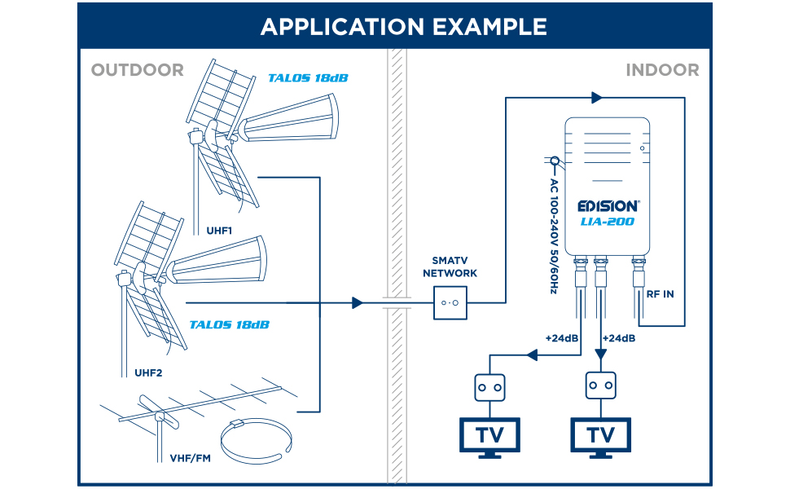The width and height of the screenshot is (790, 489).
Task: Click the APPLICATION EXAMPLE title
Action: click(404, 27)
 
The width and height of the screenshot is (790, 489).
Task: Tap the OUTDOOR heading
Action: click(138, 70)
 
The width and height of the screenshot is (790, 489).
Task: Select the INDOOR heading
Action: click(662, 70)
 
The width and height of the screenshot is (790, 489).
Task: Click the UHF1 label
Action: click(219, 231)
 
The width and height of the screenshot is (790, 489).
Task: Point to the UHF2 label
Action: click(148, 373)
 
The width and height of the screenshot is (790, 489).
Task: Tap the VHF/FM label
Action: click(190, 458)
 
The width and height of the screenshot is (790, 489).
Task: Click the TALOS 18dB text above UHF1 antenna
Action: click(308, 78)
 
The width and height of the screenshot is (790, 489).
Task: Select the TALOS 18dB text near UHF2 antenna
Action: click(229, 325)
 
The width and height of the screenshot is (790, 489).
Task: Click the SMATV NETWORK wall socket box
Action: click(450, 303)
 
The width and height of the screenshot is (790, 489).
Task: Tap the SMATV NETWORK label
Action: click(450, 267)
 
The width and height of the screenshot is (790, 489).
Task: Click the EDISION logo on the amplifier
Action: click(608, 206)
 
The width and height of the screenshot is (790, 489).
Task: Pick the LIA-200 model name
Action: click(607, 222)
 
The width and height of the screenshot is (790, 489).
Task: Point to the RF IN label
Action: click(660, 294)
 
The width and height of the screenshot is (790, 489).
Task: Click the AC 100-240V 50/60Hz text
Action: click(554, 236)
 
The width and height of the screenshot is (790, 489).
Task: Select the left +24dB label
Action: click(562, 338)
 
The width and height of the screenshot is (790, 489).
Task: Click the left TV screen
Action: click(489, 434)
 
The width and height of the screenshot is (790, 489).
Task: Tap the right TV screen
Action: click(600, 434)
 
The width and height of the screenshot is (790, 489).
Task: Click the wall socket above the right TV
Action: click(600, 385)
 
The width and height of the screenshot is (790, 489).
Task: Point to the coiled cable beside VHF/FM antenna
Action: click(257, 440)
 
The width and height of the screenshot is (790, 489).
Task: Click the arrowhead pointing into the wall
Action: click(358, 303)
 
